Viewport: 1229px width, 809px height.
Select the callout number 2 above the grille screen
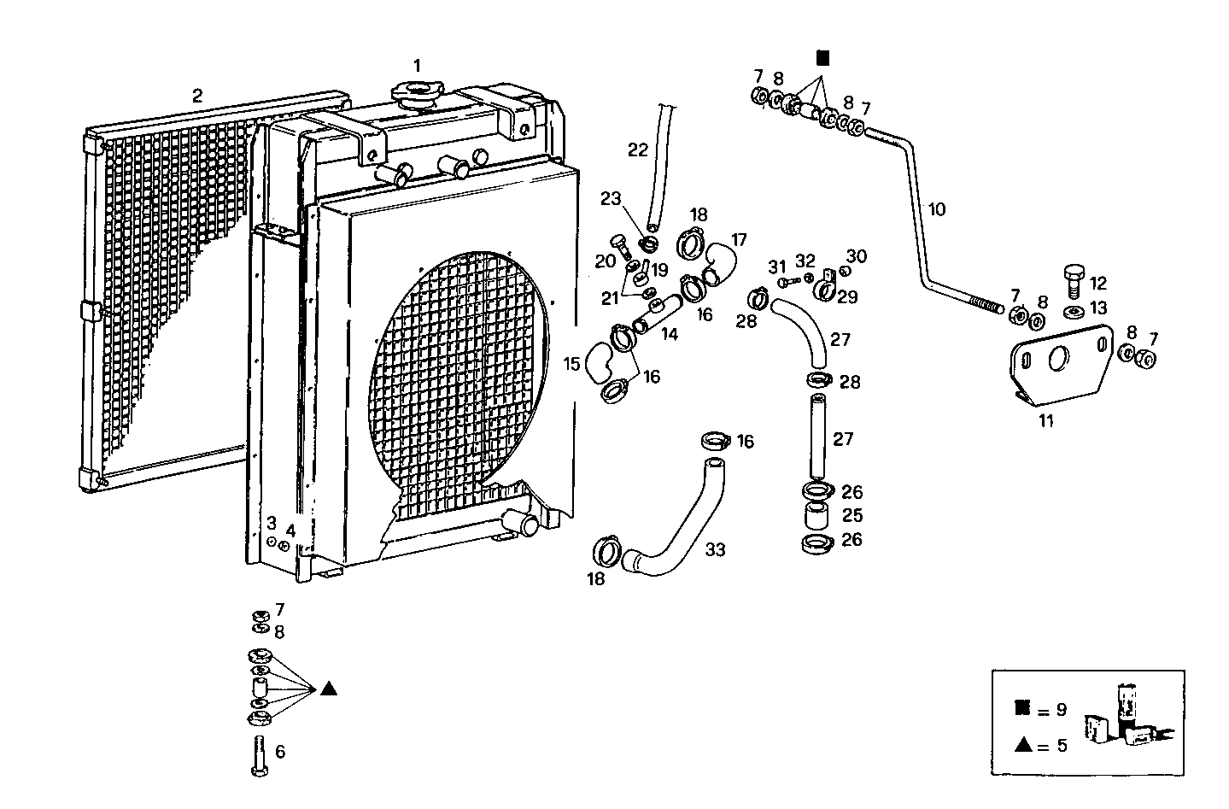pyautogui.click(x=197, y=96)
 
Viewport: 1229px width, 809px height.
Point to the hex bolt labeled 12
pyautogui.click(x=1074, y=278)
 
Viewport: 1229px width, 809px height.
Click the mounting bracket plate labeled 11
pyautogui.click(x=1060, y=364)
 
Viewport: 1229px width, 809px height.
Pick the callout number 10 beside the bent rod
pyautogui.click(x=937, y=209)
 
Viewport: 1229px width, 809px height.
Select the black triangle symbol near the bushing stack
pyautogui.click(x=330, y=689)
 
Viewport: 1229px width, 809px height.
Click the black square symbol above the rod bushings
pyautogui.click(x=822, y=58)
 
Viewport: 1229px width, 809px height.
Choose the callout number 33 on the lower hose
pyautogui.click(x=715, y=550)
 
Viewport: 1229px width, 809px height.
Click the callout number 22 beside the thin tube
pyautogui.click(x=638, y=150)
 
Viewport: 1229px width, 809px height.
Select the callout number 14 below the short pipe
pyautogui.click(x=669, y=335)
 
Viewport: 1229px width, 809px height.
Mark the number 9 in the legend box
pyautogui.click(x=1061, y=709)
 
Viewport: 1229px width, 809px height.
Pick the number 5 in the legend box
pyautogui.click(x=1061, y=745)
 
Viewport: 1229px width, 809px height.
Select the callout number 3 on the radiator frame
pyautogui.click(x=271, y=523)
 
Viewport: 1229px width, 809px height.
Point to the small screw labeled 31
pyautogui.click(x=783, y=281)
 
